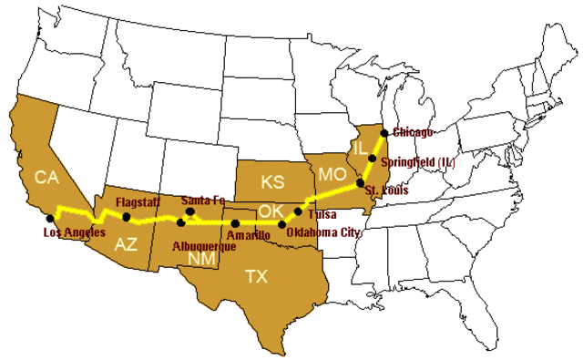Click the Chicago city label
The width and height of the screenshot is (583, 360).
pyautogui.click(x=412, y=132)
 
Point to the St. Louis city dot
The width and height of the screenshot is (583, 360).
pyautogui.click(x=361, y=183)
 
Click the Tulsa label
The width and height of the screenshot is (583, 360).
pyautogui.click(x=323, y=215)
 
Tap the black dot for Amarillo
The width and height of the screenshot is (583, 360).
pyautogui.click(x=236, y=223)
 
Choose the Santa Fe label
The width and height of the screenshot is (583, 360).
pyautogui.click(x=203, y=200)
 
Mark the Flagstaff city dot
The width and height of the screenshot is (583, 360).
pyautogui.click(x=127, y=217)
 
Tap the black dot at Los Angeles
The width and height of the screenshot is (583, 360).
pyautogui.click(x=50, y=219)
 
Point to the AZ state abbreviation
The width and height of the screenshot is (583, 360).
pyautogui.click(x=127, y=244)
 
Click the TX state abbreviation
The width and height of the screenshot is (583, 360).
pyautogui.click(x=258, y=276)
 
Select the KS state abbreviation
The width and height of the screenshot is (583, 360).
pyautogui.click(x=271, y=180)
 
